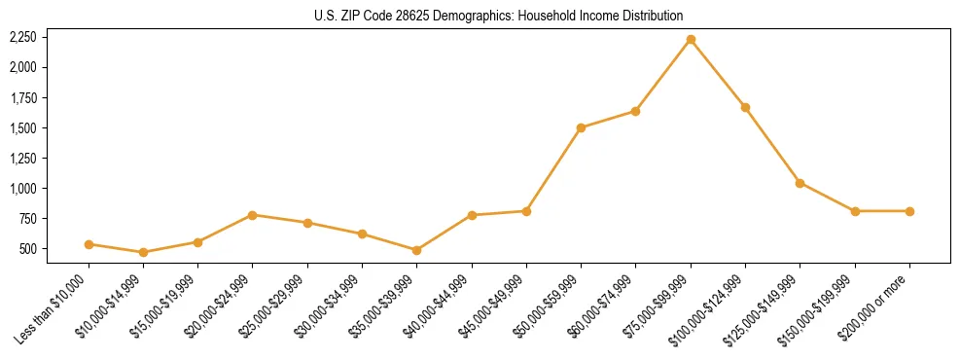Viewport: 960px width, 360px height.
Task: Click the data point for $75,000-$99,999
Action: [691, 39]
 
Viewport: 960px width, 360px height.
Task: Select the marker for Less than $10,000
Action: [89, 244]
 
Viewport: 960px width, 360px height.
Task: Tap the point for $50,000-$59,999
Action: [581, 127]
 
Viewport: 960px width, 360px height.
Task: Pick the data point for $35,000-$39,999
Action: [417, 250]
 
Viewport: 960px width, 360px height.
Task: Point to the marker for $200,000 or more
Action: [909, 211]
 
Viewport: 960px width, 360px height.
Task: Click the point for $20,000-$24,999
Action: [253, 215]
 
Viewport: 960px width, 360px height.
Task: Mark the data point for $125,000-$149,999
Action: [800, 183]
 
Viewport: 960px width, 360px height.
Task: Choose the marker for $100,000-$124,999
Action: [745, 107]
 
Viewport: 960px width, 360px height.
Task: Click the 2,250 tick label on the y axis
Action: [22, 37]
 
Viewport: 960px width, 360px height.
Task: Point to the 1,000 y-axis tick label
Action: [22, 188]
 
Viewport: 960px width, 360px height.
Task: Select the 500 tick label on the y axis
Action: [26, 249]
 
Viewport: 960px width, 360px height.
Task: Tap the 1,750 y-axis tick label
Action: [22, 97]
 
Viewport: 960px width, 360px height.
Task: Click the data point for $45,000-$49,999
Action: [526, 211]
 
